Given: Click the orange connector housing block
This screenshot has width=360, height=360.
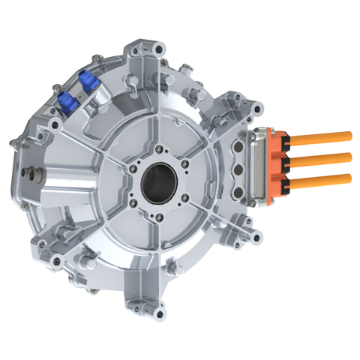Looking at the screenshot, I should point(277,160).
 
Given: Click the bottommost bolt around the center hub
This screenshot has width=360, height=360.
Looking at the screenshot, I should point(160,217).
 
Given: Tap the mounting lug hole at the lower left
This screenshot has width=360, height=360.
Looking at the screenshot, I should point(56,260).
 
